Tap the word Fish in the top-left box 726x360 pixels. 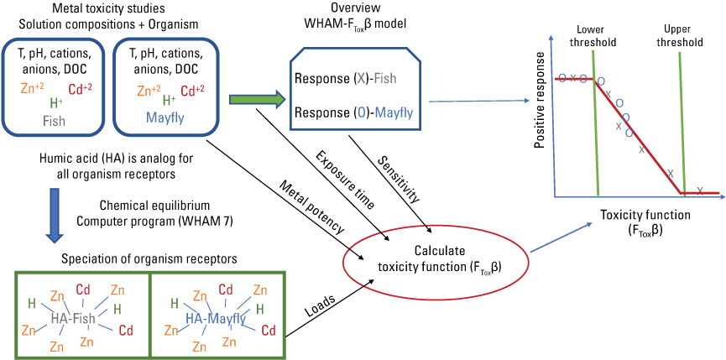tap(54, 121)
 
